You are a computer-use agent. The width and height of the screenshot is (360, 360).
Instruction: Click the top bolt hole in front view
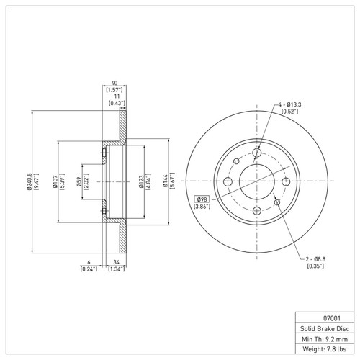click(258, 152)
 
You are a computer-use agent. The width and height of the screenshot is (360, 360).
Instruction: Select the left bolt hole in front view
click(228, 181)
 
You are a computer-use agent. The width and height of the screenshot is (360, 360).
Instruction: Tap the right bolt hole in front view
click(287, 181)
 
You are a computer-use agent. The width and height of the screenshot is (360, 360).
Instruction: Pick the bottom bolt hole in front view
click(258, 210)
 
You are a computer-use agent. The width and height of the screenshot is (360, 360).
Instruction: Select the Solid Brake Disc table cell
click(323, 328)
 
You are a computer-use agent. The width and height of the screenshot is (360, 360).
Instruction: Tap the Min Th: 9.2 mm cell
click(323, 338)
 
